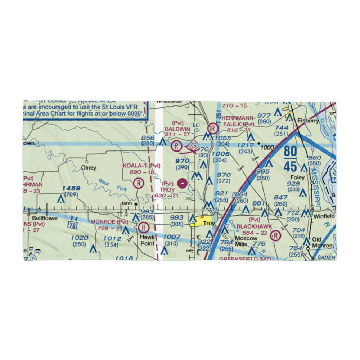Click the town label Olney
point(89,168)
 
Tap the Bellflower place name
point(45,218)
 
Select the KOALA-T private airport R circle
point(138,184)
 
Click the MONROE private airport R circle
point(143,228)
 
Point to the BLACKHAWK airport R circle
point(275,236)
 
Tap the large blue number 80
point(290,152)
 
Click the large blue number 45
point(290,166)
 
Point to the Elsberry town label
point(309,121)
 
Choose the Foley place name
point(298,177)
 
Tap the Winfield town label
point(324,216)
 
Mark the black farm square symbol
point(136,204)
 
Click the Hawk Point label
point(147,240)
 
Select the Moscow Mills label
point(246,241)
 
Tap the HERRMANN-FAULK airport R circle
point(213,128)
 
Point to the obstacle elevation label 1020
point(80,238)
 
